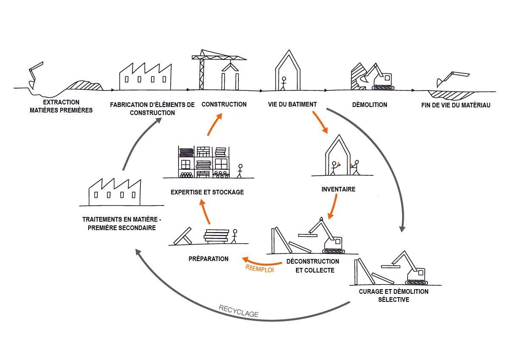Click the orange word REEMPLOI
point(260,267)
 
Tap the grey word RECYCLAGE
point(238,311)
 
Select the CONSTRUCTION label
point(224,104)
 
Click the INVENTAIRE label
point(338,189)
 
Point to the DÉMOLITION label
point(370,105)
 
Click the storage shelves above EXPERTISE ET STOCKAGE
point(203,162)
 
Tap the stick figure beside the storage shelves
point(240,170)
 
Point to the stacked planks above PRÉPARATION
point(216,236)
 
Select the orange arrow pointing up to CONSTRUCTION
point(214,124)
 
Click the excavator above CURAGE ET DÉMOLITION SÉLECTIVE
point(410,269)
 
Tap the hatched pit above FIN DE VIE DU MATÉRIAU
point(445,94)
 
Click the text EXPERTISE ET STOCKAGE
point(207,192)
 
